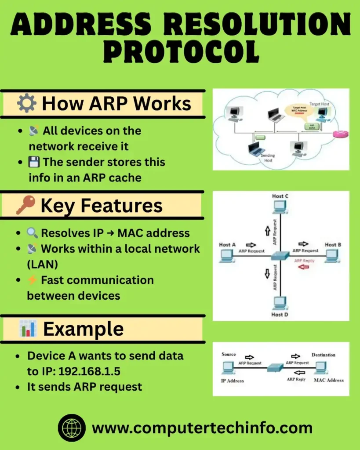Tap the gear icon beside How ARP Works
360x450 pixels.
point(26,104)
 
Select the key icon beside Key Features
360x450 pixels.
point(25,205)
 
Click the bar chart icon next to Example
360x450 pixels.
point(27,329)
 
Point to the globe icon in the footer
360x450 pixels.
point(72,428)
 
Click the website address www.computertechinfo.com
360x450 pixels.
point(202,428)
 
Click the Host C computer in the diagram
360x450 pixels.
point(280,206)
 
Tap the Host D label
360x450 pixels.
point(280,315)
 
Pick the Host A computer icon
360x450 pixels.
point(227,255)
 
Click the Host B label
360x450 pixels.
point(330,244)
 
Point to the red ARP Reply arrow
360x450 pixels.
point(304,266)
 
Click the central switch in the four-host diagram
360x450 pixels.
point(280,255)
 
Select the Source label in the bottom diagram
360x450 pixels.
point(229,354)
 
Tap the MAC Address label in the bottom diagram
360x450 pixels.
point(329,380)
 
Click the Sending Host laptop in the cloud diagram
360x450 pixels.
point(257,149)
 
